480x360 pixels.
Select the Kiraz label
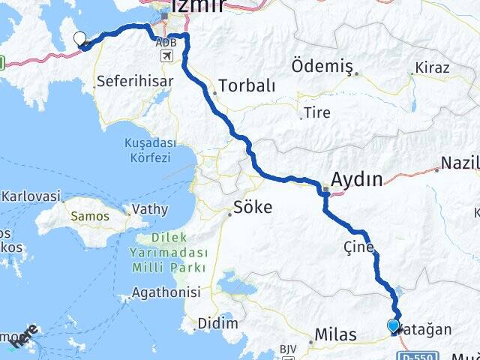[434, 68]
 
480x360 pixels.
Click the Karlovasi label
[31, 196]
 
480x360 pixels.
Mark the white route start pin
[79, 40]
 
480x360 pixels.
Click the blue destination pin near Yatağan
[393, 326]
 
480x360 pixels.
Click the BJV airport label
[289, 349]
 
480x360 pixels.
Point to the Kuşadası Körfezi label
[148, 150]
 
